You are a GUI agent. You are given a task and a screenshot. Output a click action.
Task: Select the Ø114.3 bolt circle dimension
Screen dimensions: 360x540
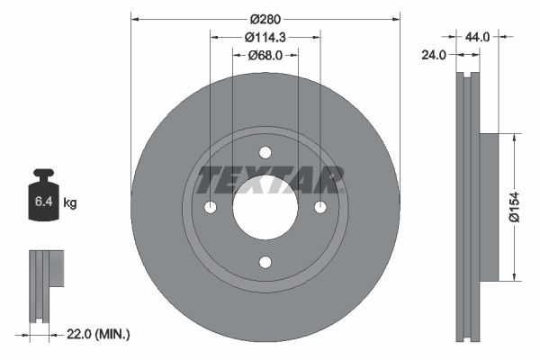(x=265, y=37)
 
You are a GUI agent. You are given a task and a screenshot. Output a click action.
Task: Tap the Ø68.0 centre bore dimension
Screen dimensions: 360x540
(x=265, y=55)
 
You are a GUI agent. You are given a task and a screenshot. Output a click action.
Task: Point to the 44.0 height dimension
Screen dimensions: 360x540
(x=477, y=37)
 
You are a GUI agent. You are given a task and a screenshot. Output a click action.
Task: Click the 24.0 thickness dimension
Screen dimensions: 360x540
(x=435, y=55)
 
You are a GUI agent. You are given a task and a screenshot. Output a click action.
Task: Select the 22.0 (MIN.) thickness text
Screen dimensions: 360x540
(x=100, y=334)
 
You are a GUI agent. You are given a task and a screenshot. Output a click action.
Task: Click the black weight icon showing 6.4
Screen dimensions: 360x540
(x=43, y=193)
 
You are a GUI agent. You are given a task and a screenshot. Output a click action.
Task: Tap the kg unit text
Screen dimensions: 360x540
(x=70, y=204)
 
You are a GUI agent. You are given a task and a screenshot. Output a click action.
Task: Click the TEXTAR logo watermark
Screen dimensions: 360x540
(x=271, y=180)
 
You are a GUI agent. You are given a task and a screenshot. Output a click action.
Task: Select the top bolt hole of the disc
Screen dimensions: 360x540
(x=265, y=152)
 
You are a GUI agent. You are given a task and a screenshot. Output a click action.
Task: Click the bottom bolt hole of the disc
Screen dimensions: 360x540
(x=265, y=262)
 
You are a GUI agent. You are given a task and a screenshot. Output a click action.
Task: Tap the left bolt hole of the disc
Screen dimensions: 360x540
(x=210, y=207)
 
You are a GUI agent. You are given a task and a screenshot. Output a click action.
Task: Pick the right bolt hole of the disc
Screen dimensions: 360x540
(x=319, y=207)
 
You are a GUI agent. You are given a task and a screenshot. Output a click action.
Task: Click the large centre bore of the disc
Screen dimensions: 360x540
(x=265, y=207)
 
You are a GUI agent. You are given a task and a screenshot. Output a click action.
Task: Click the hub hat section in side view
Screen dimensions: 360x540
(x=488, y=206)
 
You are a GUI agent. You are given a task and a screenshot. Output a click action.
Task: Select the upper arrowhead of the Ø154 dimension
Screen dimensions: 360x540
(x=514, y=138)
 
